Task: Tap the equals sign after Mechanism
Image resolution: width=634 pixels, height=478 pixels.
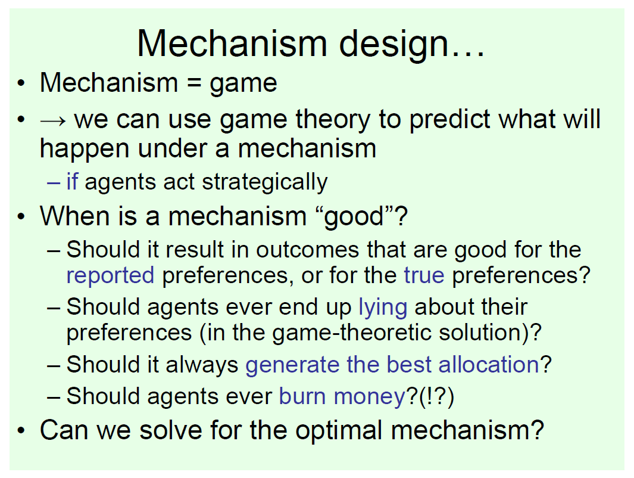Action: pos(193,83)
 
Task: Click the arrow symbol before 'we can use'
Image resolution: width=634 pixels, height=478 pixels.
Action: pos(52,120)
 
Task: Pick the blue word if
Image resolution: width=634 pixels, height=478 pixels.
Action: pos(73,181)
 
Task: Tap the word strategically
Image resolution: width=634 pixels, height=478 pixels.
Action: pos(265,182)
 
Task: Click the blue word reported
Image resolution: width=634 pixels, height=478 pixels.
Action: pos(110,276)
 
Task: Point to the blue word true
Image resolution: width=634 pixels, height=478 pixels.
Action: pos(424,275)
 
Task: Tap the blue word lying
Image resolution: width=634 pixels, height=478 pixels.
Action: pos(383,308)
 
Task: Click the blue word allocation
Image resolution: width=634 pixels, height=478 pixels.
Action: pos(489,364)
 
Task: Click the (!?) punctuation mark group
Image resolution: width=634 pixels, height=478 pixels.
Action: pos(437,397)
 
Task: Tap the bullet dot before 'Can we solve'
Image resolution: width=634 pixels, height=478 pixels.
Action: pos(21,431)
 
